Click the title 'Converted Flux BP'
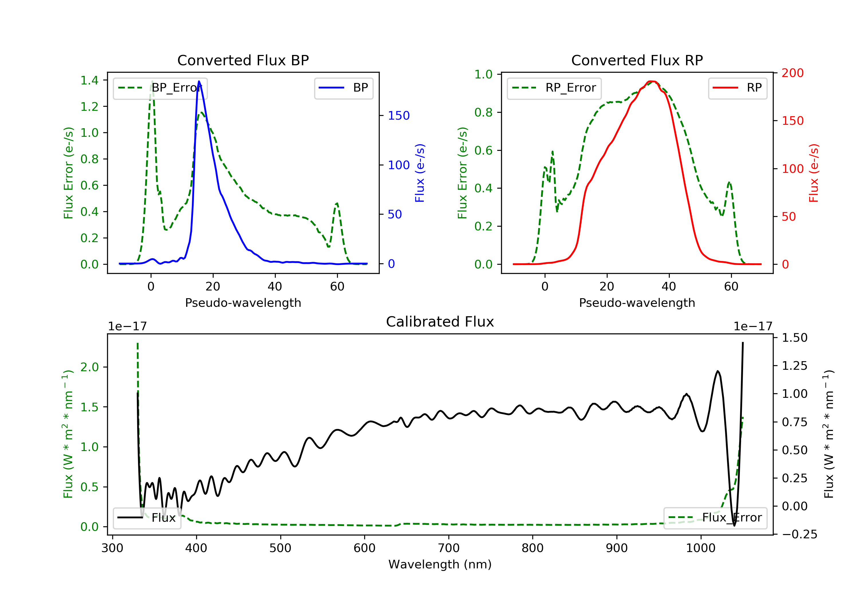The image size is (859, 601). click(x=243, y=60)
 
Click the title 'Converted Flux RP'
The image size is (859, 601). click(x=637, y=60)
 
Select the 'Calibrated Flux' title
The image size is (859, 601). click(x=440, y=322)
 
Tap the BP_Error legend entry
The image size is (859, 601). click(x=160, y=88)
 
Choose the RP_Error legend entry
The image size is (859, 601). click(x=554, y=88)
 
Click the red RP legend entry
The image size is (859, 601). click(x=737, y=88)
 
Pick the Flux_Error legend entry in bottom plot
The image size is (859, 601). click(x=715, y=518)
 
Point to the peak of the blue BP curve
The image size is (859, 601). click(x=199, y=81)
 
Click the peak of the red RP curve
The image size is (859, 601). click(x=651, y=81)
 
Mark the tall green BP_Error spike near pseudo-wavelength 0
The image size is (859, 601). click(x=152, y=81)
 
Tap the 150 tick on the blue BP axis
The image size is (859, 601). click(x=399, y=116)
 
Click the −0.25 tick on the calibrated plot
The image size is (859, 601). click(x=799, y=534)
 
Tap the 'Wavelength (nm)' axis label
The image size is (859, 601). click(x=440, y=564)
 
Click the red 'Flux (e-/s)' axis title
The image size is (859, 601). click(x=814, y=173)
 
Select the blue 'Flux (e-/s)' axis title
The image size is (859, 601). click(x=420, y=173)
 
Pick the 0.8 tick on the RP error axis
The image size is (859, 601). click(x=483, y=112)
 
